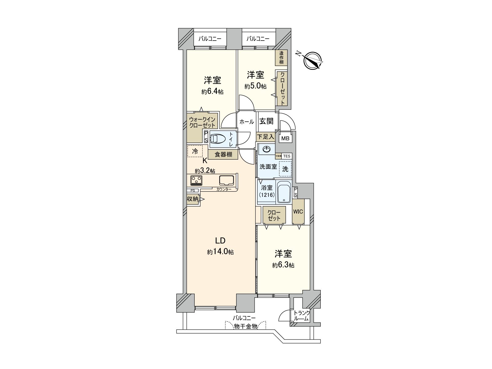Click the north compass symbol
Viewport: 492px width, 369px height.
(313, 60)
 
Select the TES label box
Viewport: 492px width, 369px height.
(287, 156)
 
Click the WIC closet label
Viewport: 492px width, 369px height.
(298, 212)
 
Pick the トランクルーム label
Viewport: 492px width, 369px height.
(301, 316)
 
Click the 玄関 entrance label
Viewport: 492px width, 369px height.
(266, 121)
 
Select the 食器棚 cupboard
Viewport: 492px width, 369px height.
(223, 154)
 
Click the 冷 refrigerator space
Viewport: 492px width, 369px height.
(195, 151)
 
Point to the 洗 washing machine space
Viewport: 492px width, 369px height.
(285, 169)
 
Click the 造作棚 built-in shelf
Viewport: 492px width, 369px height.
(281, 58)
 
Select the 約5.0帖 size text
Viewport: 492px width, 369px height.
(256, 86)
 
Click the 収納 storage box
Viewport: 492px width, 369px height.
(193, 199)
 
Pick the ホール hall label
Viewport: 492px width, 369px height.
(246, 122)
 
